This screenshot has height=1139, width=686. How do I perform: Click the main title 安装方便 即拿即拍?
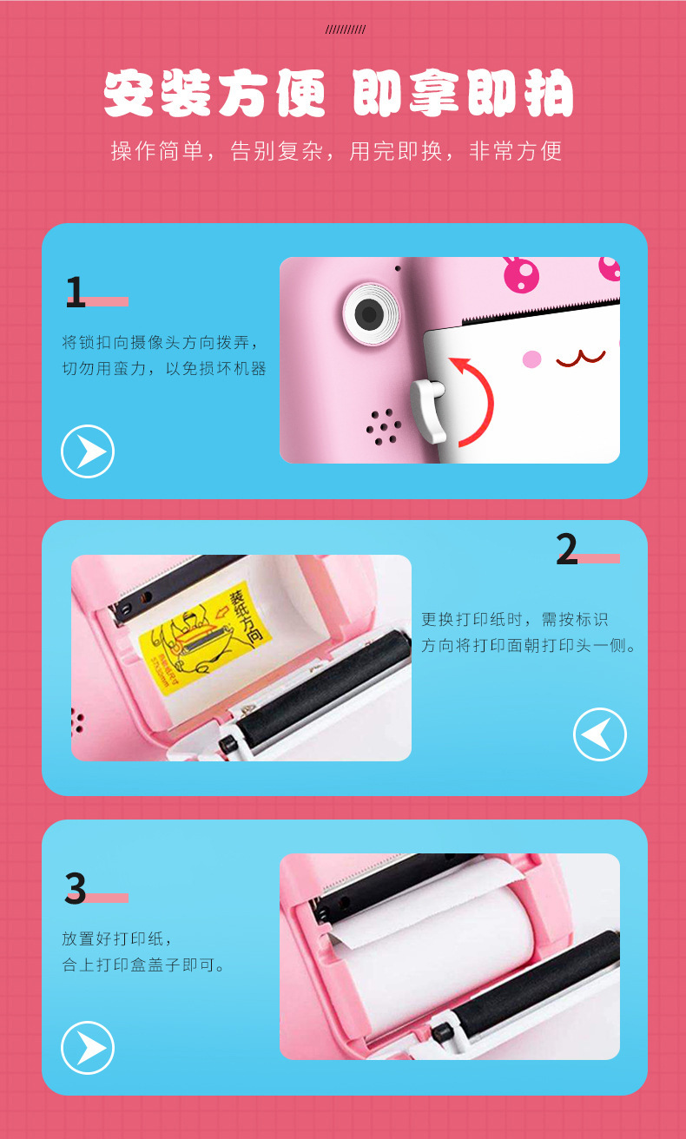pos(339,94)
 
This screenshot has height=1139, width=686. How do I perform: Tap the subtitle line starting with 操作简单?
pos(337,151)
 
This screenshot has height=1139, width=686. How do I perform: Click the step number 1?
pos(76,293)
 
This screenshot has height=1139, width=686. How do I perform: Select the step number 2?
pos(566,549)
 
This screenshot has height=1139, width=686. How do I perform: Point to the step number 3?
pos(76,888)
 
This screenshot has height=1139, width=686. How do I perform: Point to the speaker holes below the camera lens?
pos(383,427)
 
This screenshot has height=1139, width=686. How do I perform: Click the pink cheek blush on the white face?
pos(532,359)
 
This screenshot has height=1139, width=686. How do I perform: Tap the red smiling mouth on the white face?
pos(580,357)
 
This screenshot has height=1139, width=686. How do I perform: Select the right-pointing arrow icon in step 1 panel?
pos(88,451)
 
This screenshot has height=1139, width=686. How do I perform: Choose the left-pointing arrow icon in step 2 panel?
pos(599,734)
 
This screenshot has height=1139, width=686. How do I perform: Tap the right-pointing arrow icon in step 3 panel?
pos(88,1047)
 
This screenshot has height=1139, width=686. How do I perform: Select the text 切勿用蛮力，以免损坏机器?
pos(164,368)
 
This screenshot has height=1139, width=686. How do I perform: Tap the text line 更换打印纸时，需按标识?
pos(514,619)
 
